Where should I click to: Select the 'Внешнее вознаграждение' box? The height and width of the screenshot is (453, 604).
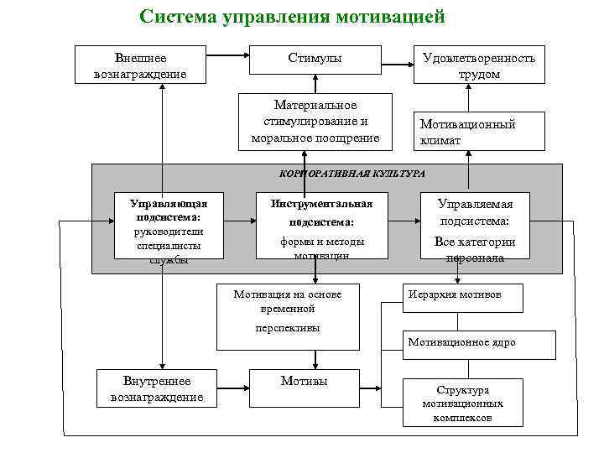click(x=141, y=65)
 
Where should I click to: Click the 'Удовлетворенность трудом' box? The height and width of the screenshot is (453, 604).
click(x=479, y=65)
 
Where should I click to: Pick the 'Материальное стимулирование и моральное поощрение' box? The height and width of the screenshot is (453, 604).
click(x=315, y=121)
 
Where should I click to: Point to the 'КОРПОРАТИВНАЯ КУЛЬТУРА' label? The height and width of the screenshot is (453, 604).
click(x=351, y=173)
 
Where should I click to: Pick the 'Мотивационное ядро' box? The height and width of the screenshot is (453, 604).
click(x=474, y=343)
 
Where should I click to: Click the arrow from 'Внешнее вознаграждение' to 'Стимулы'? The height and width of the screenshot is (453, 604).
click(x=226, y=56)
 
